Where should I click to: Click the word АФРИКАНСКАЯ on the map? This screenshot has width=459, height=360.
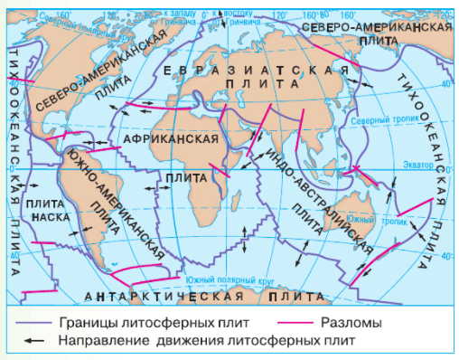click(171, 139)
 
